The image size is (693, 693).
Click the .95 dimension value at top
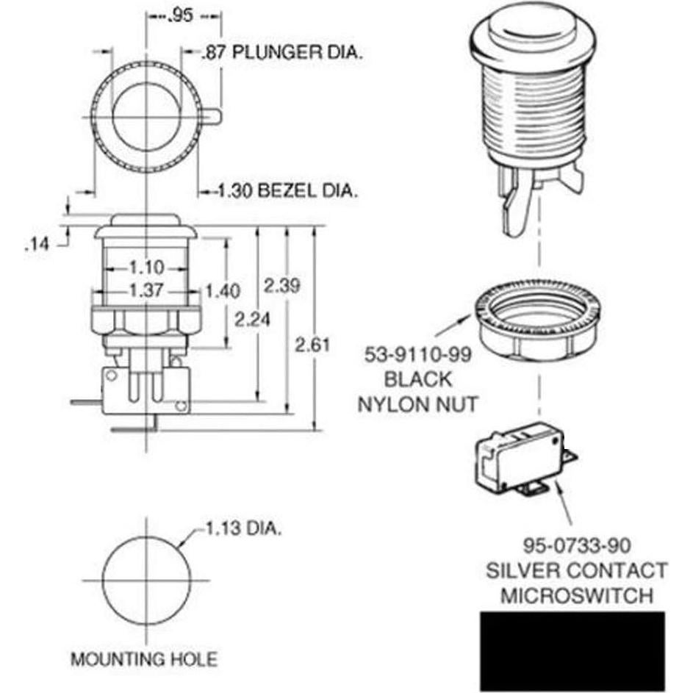tap(181, 15)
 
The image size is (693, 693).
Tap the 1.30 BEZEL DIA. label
tap(287, 191)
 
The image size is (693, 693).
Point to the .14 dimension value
tap(37, 244)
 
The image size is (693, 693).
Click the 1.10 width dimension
tap(147, 267)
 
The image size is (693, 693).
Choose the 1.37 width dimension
tap(146, 290)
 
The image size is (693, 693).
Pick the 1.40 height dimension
tap(223, 291)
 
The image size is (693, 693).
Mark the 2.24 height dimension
tap(252, 319)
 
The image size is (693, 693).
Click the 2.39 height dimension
tap(282, 286)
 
